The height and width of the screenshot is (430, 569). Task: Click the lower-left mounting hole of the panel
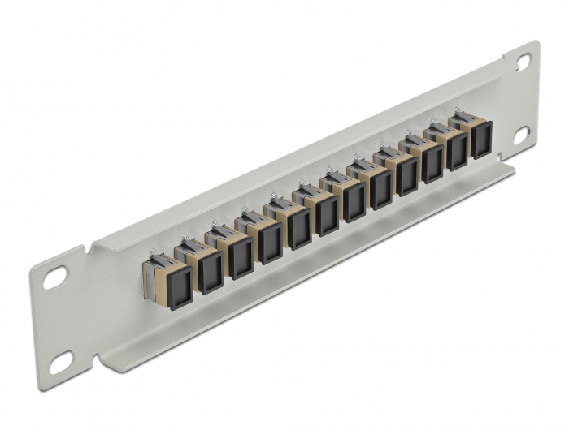pos(60,364)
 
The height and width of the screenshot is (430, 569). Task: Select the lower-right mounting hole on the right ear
pos(521,134)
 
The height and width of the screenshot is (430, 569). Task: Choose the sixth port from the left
pos(328,217)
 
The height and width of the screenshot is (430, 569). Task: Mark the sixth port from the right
pos(354,204)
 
